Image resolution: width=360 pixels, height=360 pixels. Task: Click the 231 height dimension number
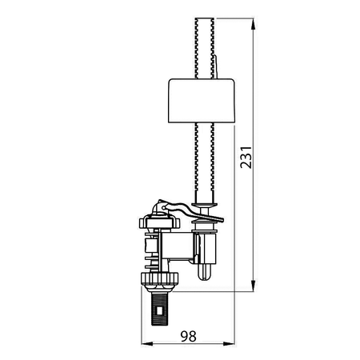coord(246,158)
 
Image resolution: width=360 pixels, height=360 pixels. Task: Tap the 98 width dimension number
coord(188,336)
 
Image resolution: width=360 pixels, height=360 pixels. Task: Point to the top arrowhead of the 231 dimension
coord(254,24)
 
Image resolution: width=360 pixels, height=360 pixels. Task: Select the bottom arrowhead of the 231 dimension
coord(254,286)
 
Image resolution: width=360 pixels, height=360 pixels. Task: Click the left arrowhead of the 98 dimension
coord(147,344)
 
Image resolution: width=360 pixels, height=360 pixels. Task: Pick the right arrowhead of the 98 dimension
coord(229,344)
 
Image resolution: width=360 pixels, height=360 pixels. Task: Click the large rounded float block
coord(202,101)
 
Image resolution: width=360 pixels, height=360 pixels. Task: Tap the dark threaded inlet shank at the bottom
coord(159,309)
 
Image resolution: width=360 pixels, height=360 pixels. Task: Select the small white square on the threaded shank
coord(159,310)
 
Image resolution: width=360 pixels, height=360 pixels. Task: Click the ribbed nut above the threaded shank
coord(159,278)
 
